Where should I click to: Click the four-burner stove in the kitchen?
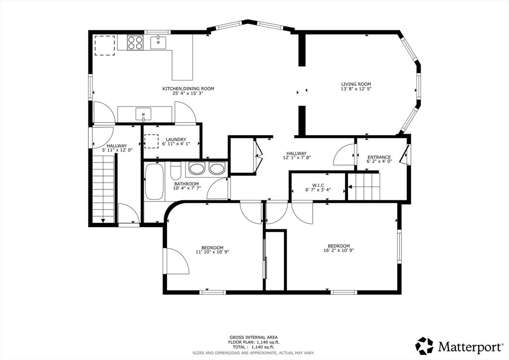[x=135, y=43]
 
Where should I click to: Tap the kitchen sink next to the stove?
[x=158, y=43]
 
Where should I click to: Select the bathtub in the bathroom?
[x=154, y=181]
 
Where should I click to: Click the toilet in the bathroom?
[x=175, y=171]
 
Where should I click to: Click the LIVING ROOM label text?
[x=356, y=84]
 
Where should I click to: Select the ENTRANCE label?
[x=379, y=157]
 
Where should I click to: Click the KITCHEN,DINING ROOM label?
[x=188, y=89]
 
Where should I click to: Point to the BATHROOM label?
[x=186, y=184]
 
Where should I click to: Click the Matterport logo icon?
[x=424, y=346]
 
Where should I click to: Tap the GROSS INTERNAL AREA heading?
[x=254, y=337]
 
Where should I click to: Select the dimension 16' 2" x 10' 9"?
[x=339, y=250]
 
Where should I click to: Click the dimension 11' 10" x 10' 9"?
[x=212, y=252]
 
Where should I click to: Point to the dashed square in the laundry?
[x=151, y=141]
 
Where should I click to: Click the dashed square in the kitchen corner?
[x=104, y=46]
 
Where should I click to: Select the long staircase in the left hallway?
[x=103, y=188]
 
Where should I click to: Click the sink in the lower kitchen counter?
[x=143, y=114]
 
